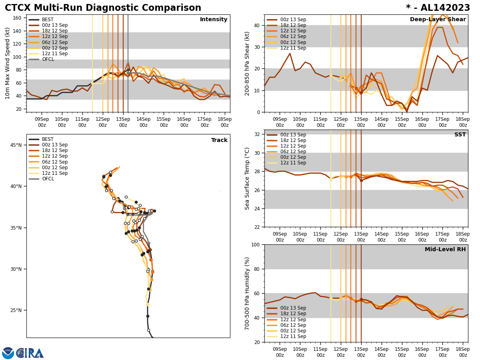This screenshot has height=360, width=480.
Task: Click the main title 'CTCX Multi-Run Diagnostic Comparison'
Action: pyautogui.click(x=103, y=8)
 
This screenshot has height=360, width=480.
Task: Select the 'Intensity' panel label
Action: pyautogui.click(x=214, y=20)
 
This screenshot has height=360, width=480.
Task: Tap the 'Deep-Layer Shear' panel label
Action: pyautogui.click(x=438, y=20)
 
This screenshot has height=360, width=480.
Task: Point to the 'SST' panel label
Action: pyautogui.click(x=460, y=135)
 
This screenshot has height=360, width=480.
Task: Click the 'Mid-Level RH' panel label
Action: pyautogui.click(x=445, y=250)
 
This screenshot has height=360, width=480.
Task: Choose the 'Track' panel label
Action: pyautogui.click(x=219, y=140)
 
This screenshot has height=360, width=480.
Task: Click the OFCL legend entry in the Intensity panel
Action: pyautogui.click(x=48, y=59)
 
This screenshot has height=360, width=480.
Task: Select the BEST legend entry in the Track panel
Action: pyautogui.click(x=48, y=139)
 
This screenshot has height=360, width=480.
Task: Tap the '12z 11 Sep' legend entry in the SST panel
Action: pyautogui.click(x=293, y=163)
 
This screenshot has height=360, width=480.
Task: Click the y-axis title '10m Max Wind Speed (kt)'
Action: pyautogui.click(x=8, y=63)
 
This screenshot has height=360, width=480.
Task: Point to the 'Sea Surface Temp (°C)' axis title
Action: pyautogui.click(x=248, y=178)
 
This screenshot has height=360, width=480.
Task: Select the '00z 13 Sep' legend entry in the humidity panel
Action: pyautogui.click(x=293, y=308)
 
